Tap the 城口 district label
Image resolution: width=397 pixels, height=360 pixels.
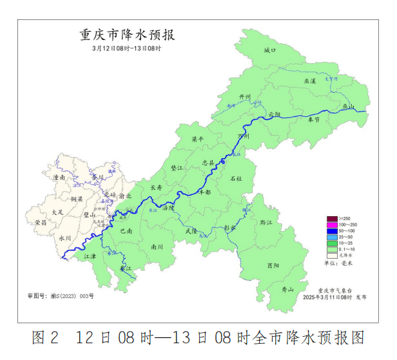point(270,50)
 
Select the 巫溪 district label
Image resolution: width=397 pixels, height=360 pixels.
point(310,81)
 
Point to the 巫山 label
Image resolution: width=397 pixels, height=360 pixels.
point(348,106)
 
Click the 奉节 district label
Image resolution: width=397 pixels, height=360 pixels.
point(313,119)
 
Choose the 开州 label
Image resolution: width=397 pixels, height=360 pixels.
point(244,97)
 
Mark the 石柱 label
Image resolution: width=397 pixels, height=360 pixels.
point(236,177)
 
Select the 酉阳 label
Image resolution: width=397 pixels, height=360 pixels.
point(273,265)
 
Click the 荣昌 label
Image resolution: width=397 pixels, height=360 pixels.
point(41,222)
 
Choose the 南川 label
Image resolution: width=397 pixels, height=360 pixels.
point(157,246)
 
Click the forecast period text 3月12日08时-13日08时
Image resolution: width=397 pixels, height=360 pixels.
point(126,48)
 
